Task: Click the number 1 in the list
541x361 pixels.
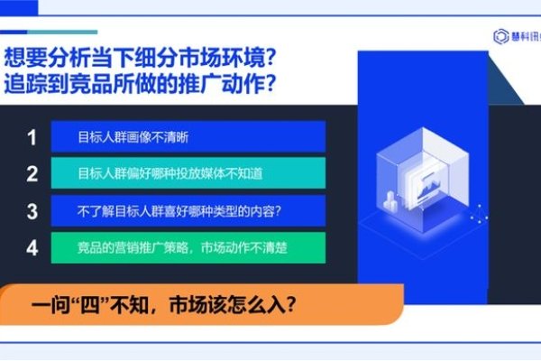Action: pos(32,138)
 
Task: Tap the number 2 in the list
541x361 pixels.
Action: pos(32,174)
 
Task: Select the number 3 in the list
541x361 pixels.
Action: pos(32,211)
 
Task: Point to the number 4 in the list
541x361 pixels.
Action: pos(32,247)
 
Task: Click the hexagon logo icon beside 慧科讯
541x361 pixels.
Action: pos(501,35)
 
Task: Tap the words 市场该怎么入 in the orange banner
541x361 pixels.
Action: pos(235,304)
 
